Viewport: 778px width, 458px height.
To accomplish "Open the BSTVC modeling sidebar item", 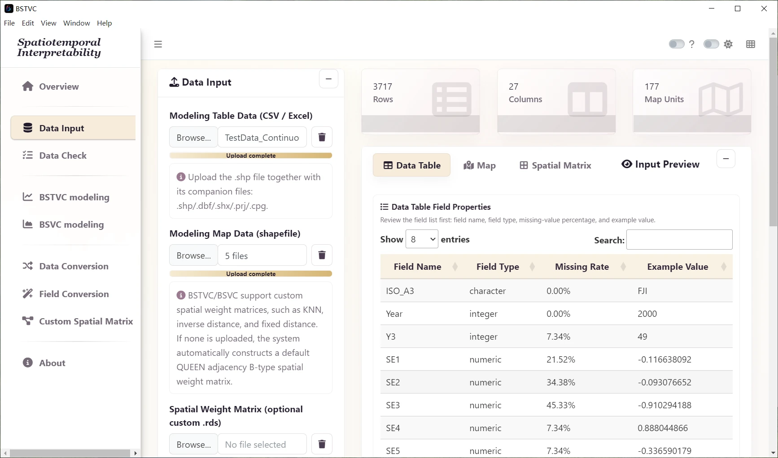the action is [66, 197].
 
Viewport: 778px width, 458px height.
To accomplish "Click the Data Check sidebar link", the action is [54, 156].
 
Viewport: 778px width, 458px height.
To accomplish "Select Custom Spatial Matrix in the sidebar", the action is [78, 321].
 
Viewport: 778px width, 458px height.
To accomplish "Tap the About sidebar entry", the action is [44, 363].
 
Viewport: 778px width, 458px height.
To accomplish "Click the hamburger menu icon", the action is [158, 44].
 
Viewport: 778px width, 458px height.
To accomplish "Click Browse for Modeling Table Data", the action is [193, 137].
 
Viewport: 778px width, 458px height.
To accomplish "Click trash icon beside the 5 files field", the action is [322, 255].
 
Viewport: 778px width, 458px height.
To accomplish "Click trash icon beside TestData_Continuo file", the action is [322, 137].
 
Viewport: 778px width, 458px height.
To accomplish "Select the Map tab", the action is [479, 165].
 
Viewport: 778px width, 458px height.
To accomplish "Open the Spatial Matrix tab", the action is [555, 165].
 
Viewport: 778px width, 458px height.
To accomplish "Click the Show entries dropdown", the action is [422, 239].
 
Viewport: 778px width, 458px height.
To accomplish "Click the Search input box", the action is [679, 240].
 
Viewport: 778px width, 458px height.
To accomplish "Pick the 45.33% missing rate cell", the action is [561, 405].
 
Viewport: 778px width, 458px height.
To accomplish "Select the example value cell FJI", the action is [643, 291].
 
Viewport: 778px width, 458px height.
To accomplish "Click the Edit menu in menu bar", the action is [28, 23].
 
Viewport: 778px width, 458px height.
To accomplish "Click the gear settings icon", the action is [728, 44].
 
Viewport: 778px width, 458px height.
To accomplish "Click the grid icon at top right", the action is [751, 44].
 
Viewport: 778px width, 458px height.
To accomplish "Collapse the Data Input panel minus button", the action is [328, 79].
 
